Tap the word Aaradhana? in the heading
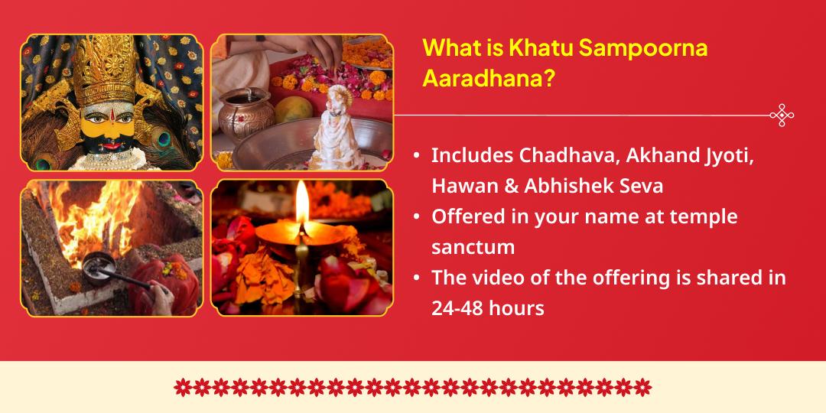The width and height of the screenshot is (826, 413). [x=488, y=78]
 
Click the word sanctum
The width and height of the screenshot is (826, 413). [x=473, y=247]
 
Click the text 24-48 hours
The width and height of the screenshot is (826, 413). [x=488, y=308]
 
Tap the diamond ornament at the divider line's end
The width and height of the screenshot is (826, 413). [x=782, y=115]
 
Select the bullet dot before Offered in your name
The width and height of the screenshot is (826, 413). [x=416, y=216]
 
